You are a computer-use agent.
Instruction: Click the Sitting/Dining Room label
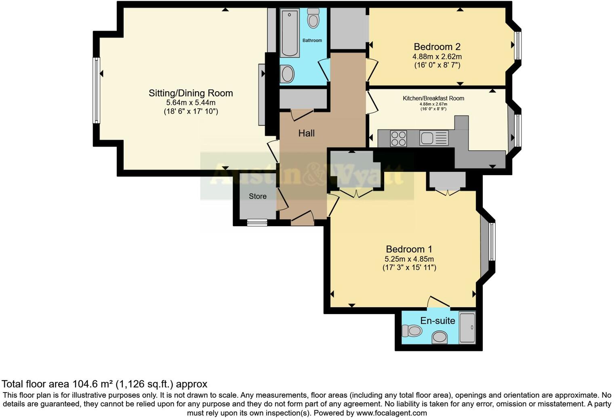point(191,93)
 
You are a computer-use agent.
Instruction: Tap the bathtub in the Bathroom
point(290,33)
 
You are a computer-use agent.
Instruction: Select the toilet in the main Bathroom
point(313,18)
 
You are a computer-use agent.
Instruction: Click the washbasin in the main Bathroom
point(287,73)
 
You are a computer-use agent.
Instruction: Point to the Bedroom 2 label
point(437,47)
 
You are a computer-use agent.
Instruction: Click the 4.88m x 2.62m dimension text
point(437,57)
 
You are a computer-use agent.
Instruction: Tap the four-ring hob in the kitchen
point(398,139)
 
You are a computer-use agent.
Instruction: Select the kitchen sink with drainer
point(434,138)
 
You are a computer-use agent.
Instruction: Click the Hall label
point(306,133)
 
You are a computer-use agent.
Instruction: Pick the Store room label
point(258,196)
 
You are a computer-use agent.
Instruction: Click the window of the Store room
point(257,223)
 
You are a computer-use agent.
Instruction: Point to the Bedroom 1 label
point(409,249)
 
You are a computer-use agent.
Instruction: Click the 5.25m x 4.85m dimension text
point(409,259)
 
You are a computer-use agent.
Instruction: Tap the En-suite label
point(437,321)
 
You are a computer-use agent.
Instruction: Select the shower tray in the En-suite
point(467,327)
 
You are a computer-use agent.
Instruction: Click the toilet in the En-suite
point(412,331)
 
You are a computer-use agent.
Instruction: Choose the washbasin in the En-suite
point(439,337)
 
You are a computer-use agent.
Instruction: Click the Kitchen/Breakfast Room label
point(433,99)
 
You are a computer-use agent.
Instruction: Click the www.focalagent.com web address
point(391,413)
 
